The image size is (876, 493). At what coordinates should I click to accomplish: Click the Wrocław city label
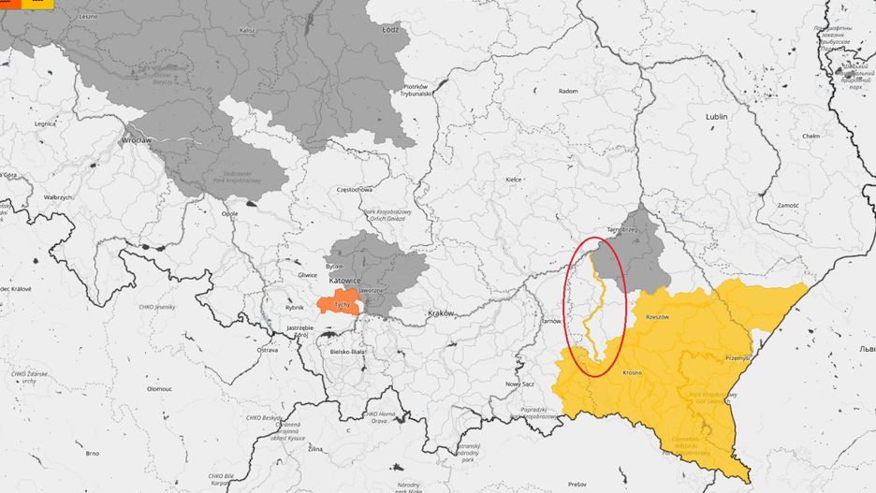click(x=110, y=139)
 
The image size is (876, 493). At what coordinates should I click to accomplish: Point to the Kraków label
click(x=440, y=312)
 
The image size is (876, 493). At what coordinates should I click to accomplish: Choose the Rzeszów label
click(x=658, y=317)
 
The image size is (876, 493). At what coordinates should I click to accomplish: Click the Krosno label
click(x=632, y=372)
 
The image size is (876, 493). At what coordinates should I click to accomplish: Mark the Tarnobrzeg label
click(x=622, y=228)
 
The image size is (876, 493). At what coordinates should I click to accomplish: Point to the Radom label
click(x=567, y=91)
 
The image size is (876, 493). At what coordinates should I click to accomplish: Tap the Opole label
click(x=229, y=213)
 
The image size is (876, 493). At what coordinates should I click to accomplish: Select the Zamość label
click(x=786, y=204)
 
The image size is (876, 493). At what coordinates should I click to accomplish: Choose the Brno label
click(x=92, y=453)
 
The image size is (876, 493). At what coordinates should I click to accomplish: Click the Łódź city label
click(x=390, y=29)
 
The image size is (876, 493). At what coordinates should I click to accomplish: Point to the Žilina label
click(x=315, y=449)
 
